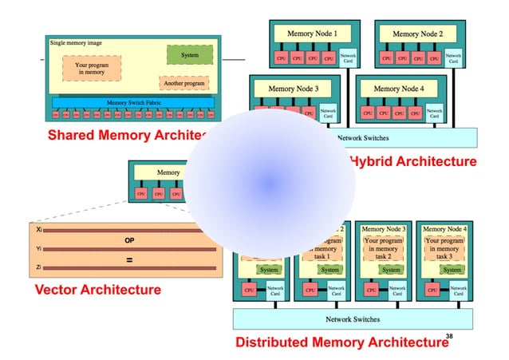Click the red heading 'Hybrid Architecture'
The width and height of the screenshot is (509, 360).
tap(412, 161)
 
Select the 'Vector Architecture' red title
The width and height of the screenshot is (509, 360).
tap(97, 289)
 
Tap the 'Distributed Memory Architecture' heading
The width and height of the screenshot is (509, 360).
tap(341, 342)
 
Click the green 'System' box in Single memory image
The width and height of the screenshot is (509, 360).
tap(190, 54)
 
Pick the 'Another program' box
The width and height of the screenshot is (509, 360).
tap(183, 83)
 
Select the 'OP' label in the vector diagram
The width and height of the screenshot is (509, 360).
tap(129, 239)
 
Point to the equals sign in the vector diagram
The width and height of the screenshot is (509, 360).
tap(129, 259)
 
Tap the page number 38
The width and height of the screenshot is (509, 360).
tap(449, 336)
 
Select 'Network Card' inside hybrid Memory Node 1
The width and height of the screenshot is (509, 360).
tap(348, 57)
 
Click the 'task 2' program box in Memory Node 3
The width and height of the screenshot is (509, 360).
tap(383, 247)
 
